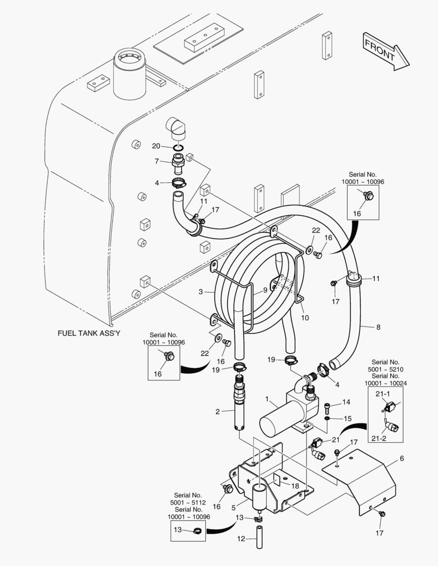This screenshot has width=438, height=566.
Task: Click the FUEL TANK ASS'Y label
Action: pos(89,333)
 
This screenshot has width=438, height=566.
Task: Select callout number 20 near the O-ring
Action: pos(156,146)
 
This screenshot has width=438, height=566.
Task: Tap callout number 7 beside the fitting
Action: pos(156,161)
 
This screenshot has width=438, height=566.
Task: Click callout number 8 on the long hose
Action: pos(378,327)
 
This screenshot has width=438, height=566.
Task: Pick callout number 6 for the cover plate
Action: pos(402,458)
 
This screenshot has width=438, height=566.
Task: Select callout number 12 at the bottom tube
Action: pos(240,539)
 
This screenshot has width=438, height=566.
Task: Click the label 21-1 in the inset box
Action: pos(382,394)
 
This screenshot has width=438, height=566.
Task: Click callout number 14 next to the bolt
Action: pos(346,402)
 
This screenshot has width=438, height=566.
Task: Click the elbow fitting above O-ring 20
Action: pos(176,128)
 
